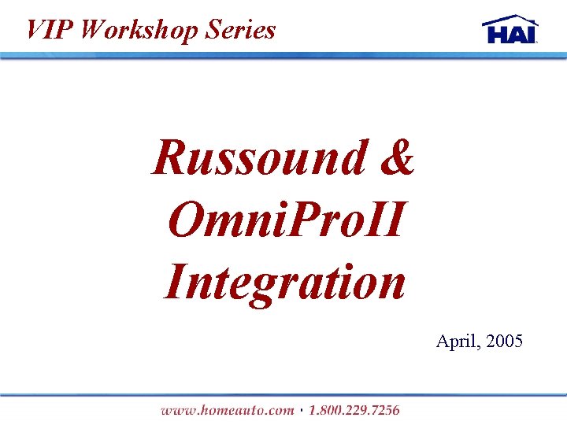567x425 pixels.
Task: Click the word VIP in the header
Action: pyautogui.click(x=49, y=29)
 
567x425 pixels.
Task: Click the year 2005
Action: pyautogui.click(x=505, y=341)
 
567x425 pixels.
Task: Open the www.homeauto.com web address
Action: pyautogui.click(x=227, y=409)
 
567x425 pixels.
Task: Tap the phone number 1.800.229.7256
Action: pyautogui.click(x=354, y=409)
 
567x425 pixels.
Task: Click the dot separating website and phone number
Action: pyautogui.click(x=302, y=409)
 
